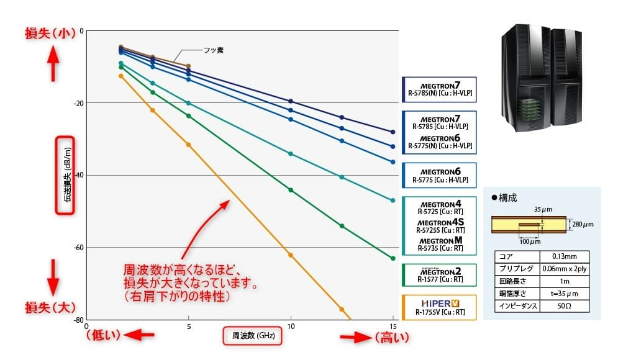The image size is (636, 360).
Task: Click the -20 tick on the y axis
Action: coord(79,102)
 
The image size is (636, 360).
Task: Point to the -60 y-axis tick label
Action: coord(79,248)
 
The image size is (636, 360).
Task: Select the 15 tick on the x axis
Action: coord(393,326)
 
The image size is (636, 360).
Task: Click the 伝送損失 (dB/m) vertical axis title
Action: coord(65,175)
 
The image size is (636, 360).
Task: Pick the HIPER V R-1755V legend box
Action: coord(440,307)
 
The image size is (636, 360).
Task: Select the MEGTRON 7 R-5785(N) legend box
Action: coord(440,88)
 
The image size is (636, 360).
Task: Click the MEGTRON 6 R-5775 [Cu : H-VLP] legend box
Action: coord(440,175)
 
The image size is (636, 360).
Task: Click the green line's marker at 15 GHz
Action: coord(393,258)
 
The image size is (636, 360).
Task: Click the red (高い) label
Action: coord(393,338)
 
